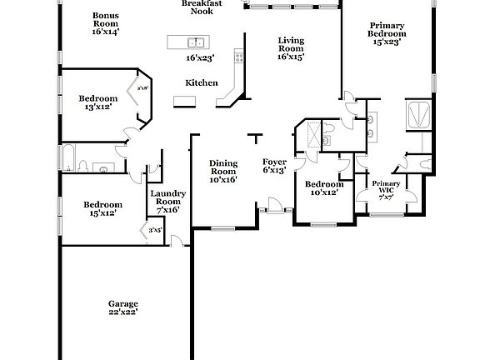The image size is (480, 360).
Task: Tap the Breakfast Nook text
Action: (202, 7)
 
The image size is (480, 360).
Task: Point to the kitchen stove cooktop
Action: (239, 57)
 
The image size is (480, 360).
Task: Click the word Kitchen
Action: (201, 82)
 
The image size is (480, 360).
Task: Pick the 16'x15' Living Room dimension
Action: (291, 57)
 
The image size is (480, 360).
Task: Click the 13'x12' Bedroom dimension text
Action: (98, 107)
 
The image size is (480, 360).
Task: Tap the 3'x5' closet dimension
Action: (155, 230)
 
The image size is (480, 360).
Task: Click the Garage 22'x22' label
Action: (122, 307)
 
